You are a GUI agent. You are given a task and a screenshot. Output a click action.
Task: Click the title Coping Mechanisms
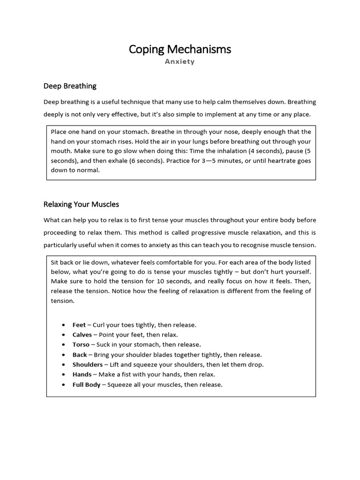pos(180,49)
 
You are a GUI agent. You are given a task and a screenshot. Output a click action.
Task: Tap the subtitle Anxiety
pos(180,61)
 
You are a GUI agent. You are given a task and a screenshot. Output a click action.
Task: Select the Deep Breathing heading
pos(70,86)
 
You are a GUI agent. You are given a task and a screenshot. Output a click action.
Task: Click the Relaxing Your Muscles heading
pos(81,204)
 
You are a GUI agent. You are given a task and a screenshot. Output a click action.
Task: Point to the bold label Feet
pos(79,325)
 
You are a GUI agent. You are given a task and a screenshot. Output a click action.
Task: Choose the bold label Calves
pos(82,335)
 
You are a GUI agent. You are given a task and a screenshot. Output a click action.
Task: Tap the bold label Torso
pos(81,345)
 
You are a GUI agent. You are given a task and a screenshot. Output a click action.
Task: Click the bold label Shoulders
pos(87,364)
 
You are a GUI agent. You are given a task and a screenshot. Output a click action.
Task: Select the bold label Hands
pos(82,375)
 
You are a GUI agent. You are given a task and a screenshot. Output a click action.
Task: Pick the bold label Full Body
pos(86,384)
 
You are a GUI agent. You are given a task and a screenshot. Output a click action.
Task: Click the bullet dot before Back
pos(63,355)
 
